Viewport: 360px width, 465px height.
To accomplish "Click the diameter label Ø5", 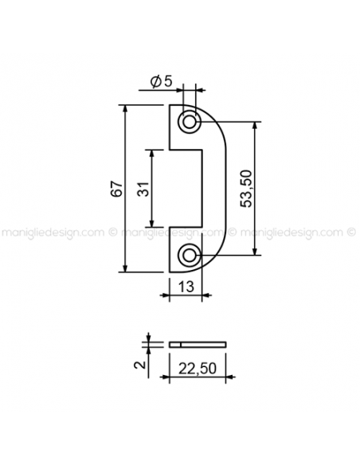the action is pos(162,81).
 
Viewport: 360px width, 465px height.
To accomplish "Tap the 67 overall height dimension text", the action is pos(117,189).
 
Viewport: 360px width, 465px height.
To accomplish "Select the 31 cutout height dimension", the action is pos(144,189).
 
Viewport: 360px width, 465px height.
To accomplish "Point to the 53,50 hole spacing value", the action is pos(246,189).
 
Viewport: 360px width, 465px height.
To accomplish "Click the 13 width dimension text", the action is pos(186,287).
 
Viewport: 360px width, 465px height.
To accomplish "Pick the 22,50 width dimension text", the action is pos(198,369).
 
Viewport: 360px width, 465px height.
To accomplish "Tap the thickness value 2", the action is pos(140,364).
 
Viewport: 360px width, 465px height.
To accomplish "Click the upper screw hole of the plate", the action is pos(190,122).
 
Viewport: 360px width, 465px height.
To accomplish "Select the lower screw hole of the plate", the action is pos(190,255).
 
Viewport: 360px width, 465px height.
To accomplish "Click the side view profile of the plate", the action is pos(198,345).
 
